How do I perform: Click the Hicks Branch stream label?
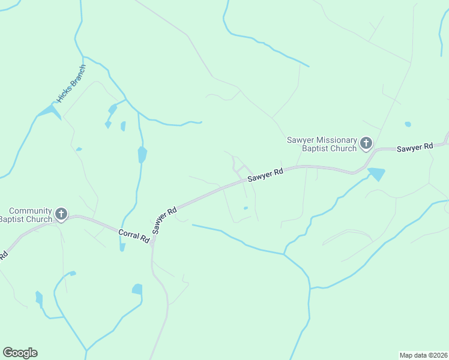click(71, 83)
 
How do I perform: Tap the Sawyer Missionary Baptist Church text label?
click(322, 144)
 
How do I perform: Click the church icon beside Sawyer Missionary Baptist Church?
click(366, 143)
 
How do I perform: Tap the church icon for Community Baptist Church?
click(61, 214)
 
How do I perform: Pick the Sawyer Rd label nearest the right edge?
click(415, 147)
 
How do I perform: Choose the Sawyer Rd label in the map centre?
click(265, 175)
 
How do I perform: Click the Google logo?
click(20, 353)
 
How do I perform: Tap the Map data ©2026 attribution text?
click(423, 355)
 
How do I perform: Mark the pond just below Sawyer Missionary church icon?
click(376, 175)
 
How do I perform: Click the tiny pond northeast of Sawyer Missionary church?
click(408, 124)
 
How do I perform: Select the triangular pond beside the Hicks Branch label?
click(49, 112)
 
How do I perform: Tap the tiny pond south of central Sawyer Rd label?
click(246, 208)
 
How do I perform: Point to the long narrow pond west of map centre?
click(142, 155)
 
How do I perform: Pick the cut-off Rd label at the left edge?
click(3, 256)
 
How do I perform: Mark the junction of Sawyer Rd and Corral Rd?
click(153, 239)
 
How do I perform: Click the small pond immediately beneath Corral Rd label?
click(122, 247)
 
